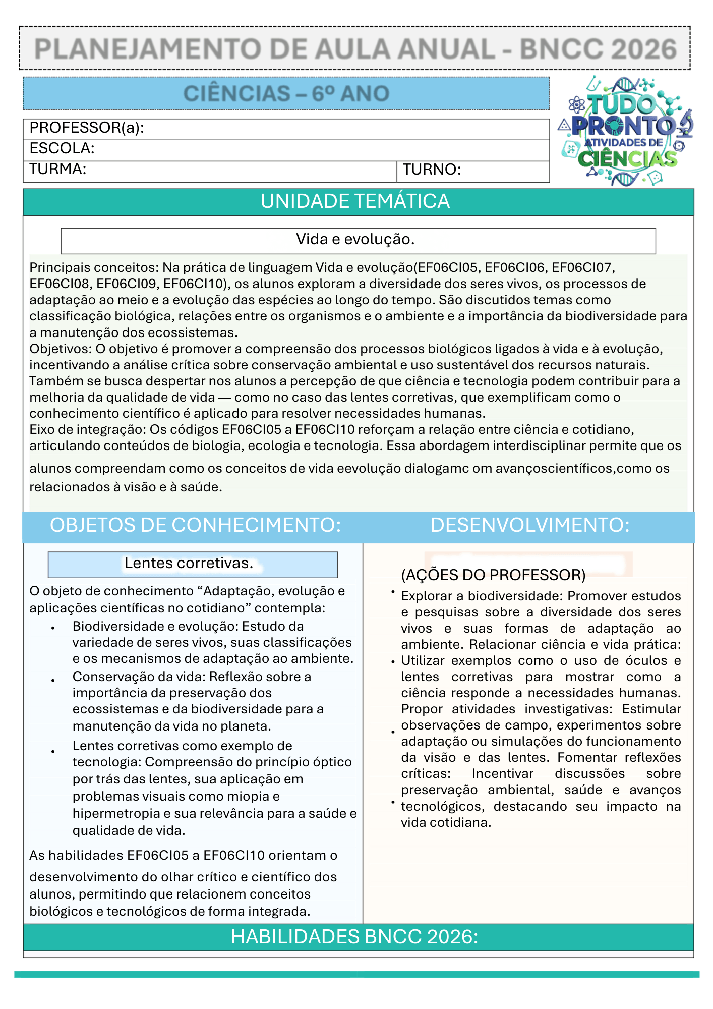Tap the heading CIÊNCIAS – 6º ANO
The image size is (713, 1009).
pyautogui.click(x=286, y=94)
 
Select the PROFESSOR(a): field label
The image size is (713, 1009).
pyautogui.click(x=87, y=128)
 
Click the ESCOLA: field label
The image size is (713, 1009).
pyautogui.click(x=62, y=149)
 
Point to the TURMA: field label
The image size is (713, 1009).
pyautogui.click(x=58, y=169)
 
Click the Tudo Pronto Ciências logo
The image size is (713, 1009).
pyautogui.click(x=626, y=131)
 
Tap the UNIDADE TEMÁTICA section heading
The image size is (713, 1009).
pyautogui.click(x=355, y=201)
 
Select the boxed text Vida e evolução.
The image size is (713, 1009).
pyautogui.click(x=355, y=239)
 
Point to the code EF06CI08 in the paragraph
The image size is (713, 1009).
pyautogui.click(x=59, y=284)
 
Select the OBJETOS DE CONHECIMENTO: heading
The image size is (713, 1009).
pyautogui.click(x=195, y=525)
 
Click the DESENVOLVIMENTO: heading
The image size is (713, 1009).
pyautogui.click(x=529, y=525)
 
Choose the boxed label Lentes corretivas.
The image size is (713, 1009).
pyautogui.click(x=189, y=563)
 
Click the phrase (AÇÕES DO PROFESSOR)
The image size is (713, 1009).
pyautogui.click(x=493, y=575)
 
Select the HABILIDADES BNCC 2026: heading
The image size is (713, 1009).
pyautogui.click(x=354, y=937)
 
